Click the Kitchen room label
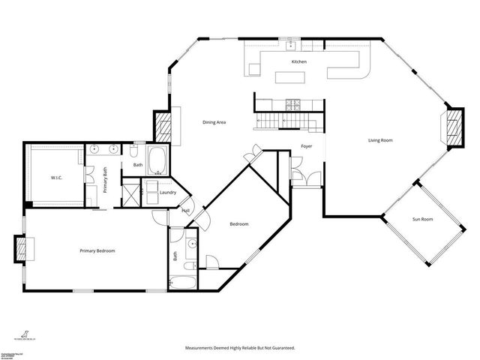click(299, 61)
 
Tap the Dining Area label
click(214, 122)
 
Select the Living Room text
click(380, 140)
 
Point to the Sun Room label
click(423, 219)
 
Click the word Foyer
click(307, 146)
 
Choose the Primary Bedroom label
click(97, 250)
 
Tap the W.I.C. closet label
click(56, 178)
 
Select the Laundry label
click(168, 193)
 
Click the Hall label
click(184, 211)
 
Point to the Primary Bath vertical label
click(106, 181)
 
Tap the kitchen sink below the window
click(288, 44)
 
